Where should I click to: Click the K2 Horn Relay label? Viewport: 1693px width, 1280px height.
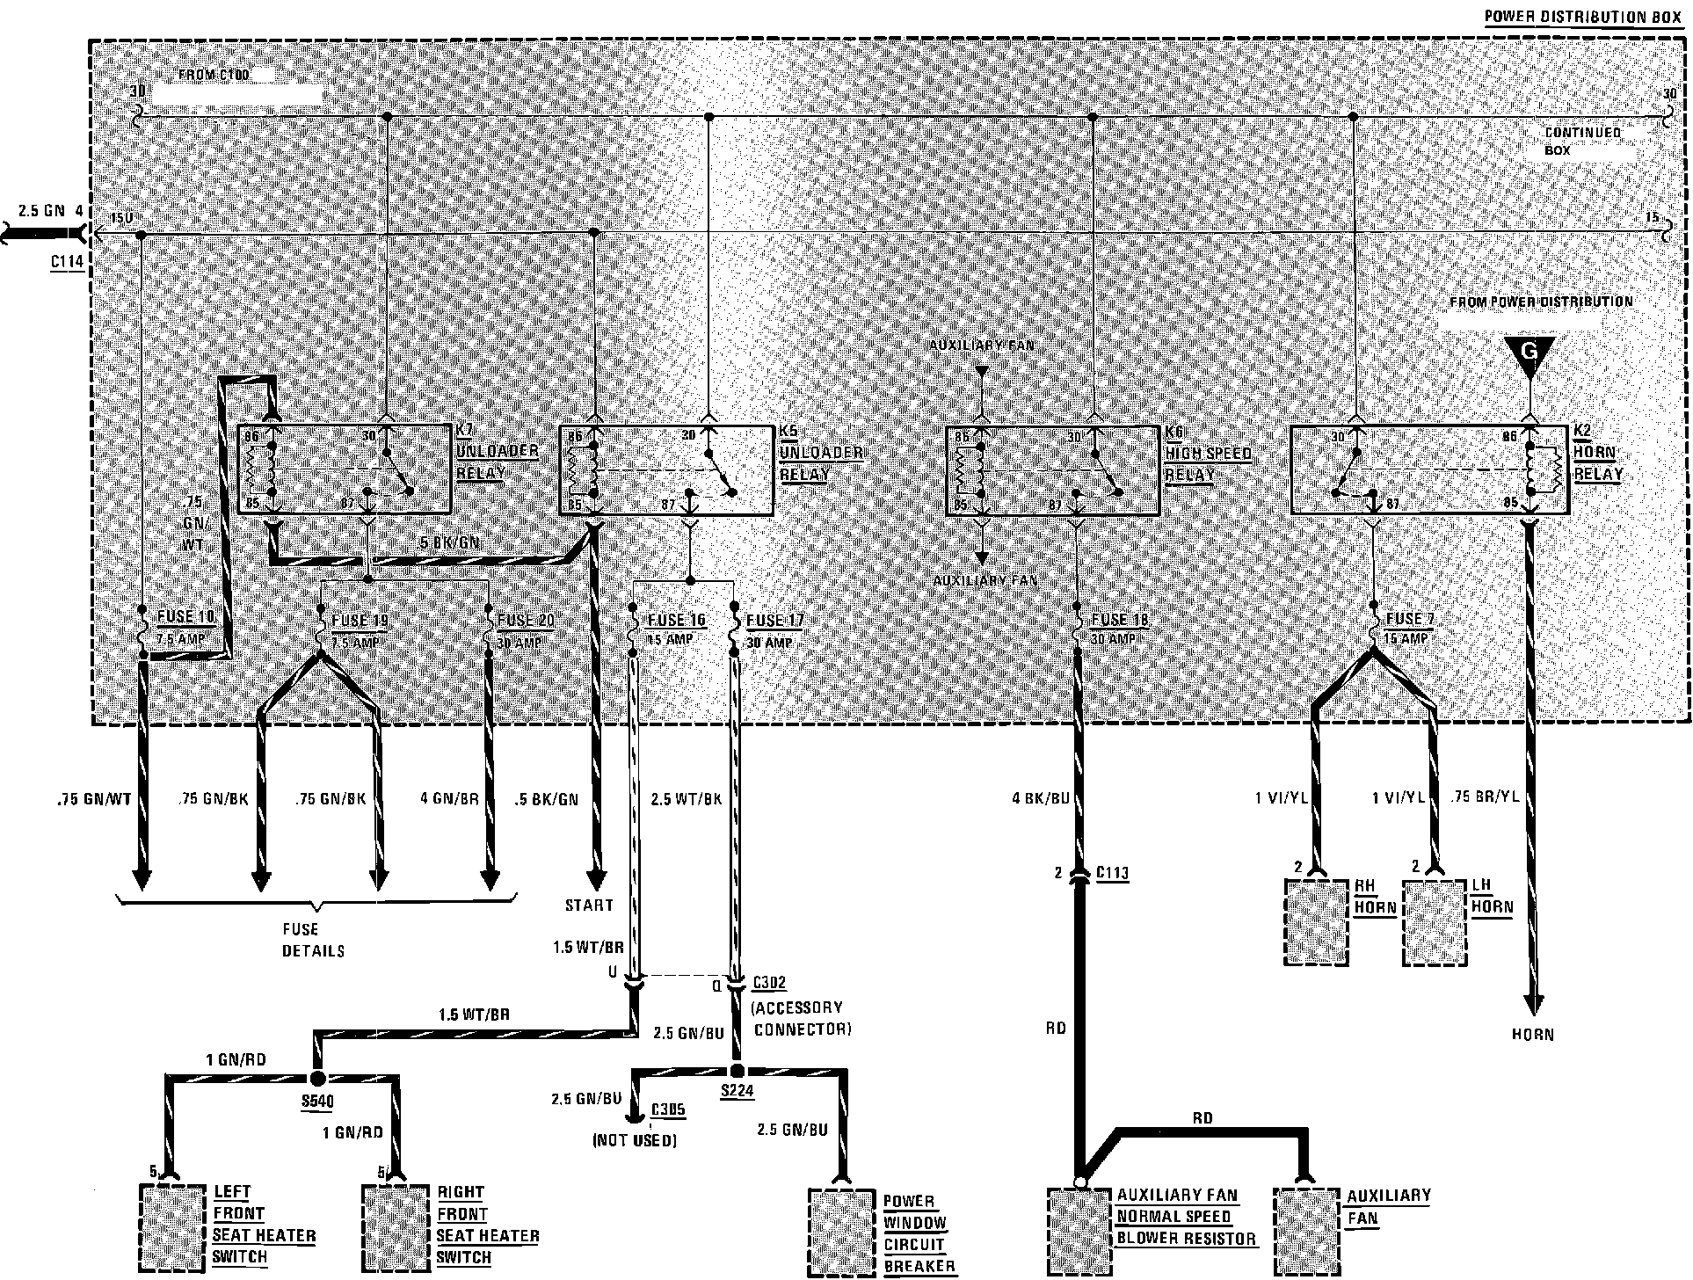(1597, 453)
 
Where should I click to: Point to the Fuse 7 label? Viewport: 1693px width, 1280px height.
(1409, 619)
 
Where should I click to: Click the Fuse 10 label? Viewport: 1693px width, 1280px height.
(185, 617)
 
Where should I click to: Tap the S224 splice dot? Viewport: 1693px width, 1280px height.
(737, 1071)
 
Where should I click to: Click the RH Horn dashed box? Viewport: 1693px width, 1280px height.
(1316, 922)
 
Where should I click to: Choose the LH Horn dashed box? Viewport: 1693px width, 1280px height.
(1435, 922)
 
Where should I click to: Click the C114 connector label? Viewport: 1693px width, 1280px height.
(67, 263)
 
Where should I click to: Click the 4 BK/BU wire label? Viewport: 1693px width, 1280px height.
(1041, 799)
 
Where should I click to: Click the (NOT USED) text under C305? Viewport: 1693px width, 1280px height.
(635, 1141)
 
